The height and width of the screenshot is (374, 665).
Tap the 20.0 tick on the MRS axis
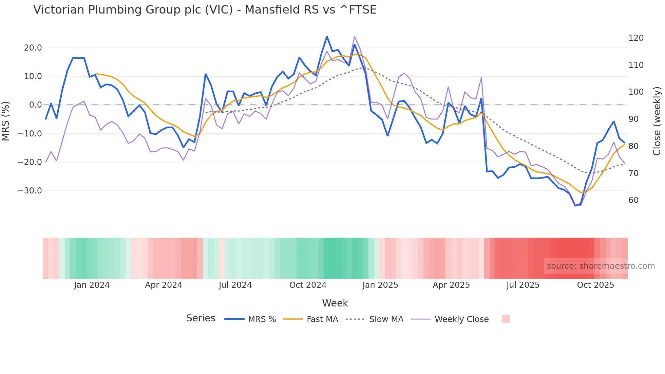point(33,48)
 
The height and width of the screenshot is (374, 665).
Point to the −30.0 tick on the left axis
point(30,191)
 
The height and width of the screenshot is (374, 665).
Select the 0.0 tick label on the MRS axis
point(36,105)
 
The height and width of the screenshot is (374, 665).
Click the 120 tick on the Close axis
point(636,38)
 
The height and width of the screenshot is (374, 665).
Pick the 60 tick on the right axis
point(633,200)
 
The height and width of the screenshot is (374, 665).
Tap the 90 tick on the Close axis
point(633,119)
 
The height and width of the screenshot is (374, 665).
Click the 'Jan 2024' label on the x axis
point(92,285)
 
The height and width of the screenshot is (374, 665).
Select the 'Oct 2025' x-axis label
point(595,285)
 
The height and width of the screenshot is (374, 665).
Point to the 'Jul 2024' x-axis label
point(235,285)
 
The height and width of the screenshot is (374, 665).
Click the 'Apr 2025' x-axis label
point(451,285)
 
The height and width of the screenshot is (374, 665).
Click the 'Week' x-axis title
point(335,303)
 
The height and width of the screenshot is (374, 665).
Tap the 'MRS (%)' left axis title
point(6,121)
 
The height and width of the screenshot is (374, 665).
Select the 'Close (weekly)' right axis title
point(657,121)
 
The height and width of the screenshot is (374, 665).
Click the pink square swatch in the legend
point(506,319)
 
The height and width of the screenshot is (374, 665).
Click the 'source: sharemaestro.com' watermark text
point(601,266)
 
